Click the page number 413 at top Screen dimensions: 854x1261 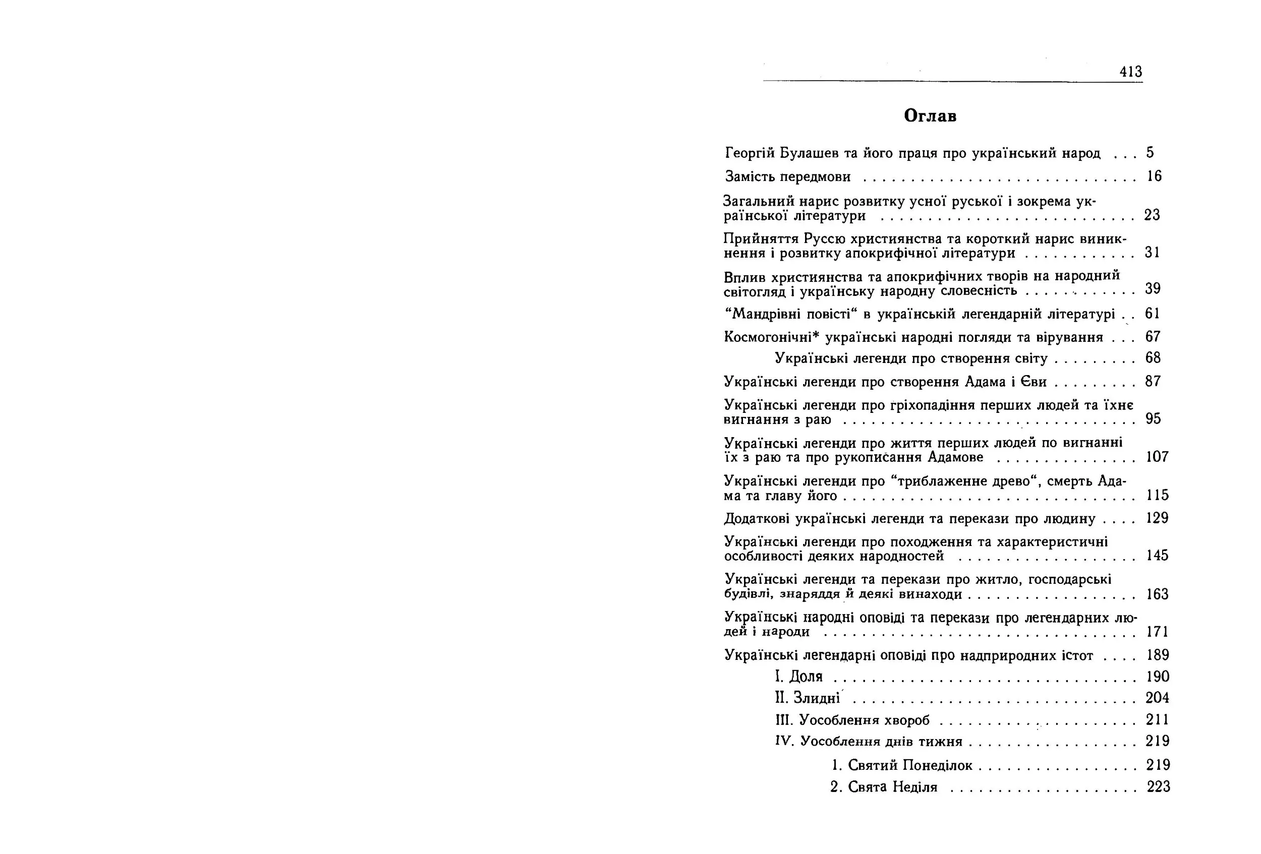1131,72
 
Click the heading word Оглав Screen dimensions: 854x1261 930,116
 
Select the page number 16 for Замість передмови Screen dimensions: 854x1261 1154,176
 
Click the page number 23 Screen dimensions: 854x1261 1152,215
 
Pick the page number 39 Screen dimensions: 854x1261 1153,288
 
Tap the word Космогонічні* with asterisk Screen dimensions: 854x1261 771,337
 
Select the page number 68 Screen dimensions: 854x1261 1153,358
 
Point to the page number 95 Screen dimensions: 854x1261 1153,418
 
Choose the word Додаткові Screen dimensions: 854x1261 757,519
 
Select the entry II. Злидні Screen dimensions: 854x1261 808,698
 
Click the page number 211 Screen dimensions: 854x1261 1158,719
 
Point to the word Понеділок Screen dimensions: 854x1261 937,765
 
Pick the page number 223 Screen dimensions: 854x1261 1158,787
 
